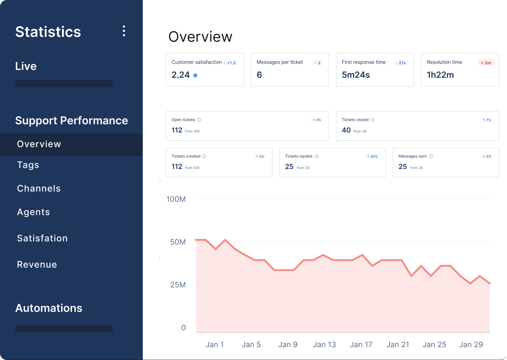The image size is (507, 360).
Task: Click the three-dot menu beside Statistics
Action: tap(124, 31)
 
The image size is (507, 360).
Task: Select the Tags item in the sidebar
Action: tap(28, 165)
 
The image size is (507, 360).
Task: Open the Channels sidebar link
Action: tap(39, 189)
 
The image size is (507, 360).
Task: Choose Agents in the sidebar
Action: tap(33, 212)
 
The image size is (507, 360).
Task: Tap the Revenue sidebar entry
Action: tap(37, 265)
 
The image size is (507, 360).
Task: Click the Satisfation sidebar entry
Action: tap(42, 238)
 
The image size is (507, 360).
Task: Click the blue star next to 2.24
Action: tap(195, 75)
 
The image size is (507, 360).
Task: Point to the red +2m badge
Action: tap(486, 63)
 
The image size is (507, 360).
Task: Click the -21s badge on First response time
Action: tap(401, 63)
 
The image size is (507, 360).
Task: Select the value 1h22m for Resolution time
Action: tap(440, 75)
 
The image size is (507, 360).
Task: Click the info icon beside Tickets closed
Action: tap(372, 120)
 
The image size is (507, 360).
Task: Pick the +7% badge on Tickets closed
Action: tap(486, 120)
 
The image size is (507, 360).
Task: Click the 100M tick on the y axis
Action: tap(176, 199)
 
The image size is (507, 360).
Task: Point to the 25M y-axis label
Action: tap(177, 285)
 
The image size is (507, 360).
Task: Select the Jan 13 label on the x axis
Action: tap(324, 345)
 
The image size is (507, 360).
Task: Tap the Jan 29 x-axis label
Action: tap(471, 345)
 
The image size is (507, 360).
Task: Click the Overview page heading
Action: tap(200, 37)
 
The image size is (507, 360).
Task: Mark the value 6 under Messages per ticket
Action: tap(259, 75)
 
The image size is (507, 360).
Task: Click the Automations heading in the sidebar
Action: tap(49, 308)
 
